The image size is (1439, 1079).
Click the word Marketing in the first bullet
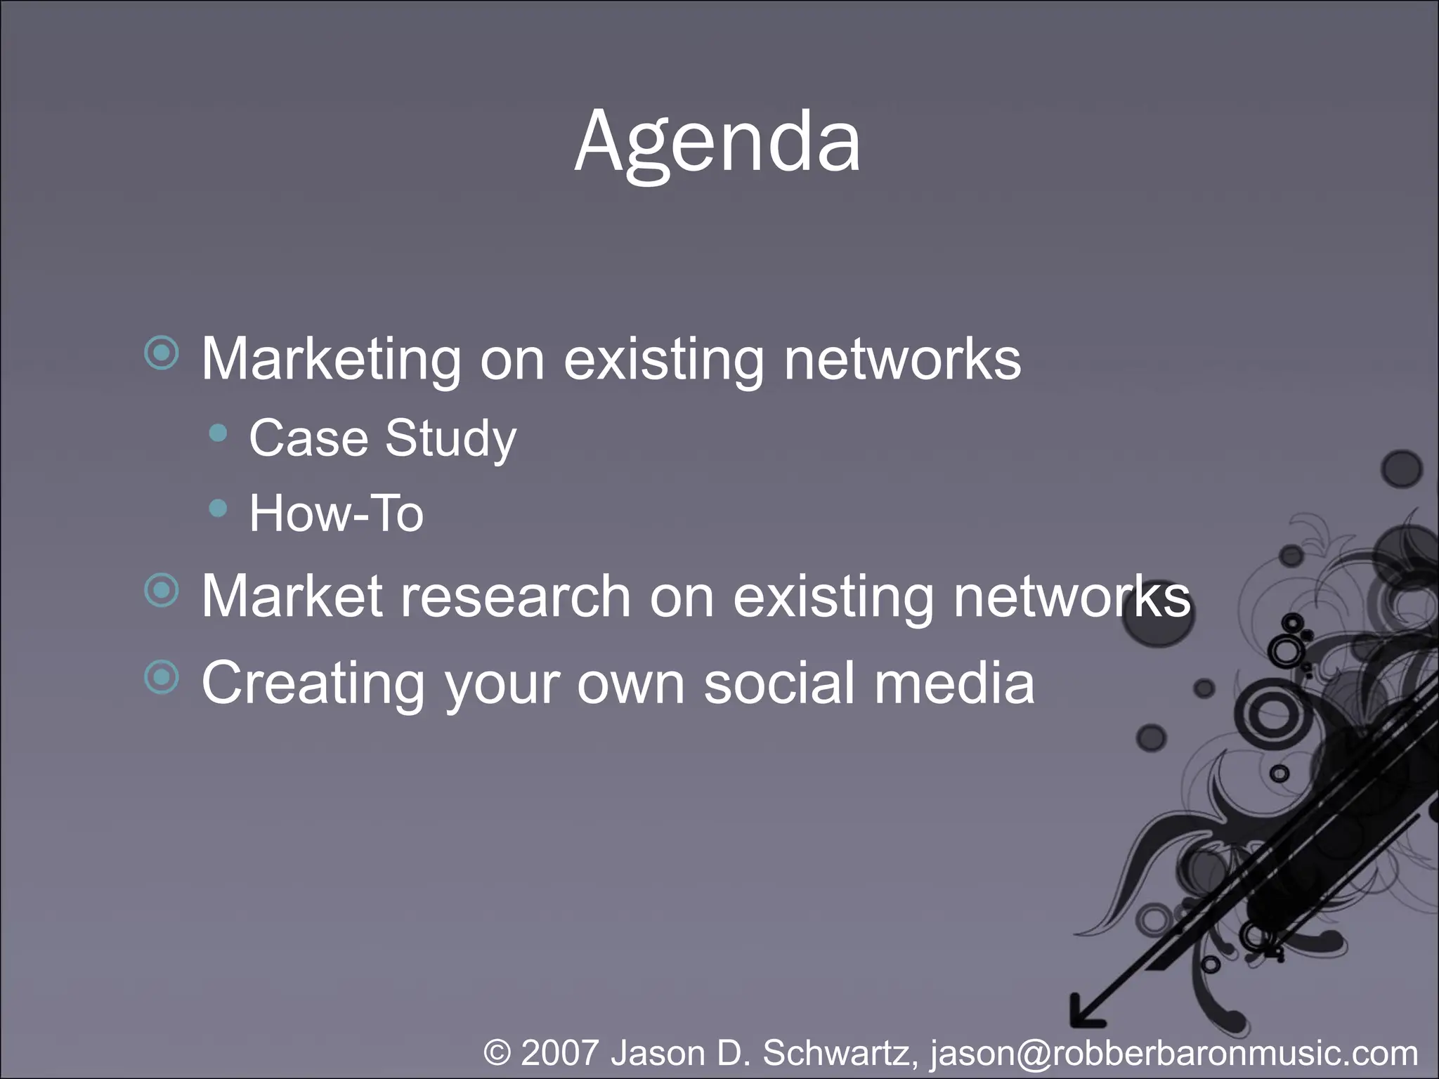pos(331,360)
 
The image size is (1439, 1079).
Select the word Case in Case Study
pos(308,438)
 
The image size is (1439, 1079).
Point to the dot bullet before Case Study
pos(219,433)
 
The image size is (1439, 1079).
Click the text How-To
pos(336,513)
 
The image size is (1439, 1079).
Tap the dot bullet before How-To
pos(219,507)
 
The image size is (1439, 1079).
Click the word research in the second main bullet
pos(515,596)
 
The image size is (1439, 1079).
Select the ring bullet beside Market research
pos(162,589)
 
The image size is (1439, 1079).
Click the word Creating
pos(313,684)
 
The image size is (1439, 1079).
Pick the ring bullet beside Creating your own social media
pos(162,676)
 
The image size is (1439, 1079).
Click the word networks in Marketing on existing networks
pos(902,360)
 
